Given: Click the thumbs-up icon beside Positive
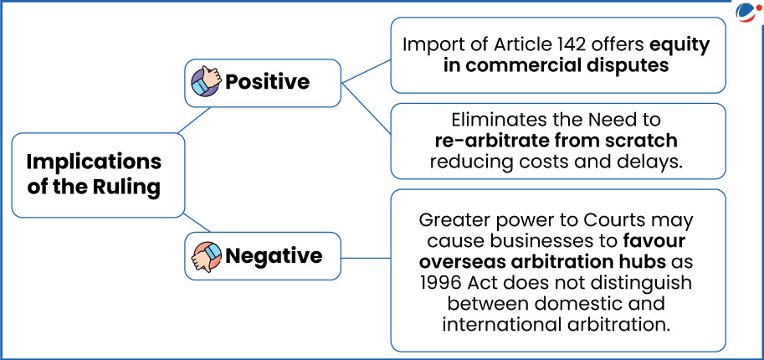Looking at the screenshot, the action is tap(206, 81).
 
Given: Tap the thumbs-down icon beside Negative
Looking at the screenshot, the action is tap(206, 256).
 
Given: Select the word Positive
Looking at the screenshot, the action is tap(267, 81).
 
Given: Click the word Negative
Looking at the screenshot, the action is tap(274, 256).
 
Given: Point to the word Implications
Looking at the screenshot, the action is tap(94, 162).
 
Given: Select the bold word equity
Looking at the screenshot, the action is tap(679, 45).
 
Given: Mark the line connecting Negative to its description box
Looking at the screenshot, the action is tap(366, 258).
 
